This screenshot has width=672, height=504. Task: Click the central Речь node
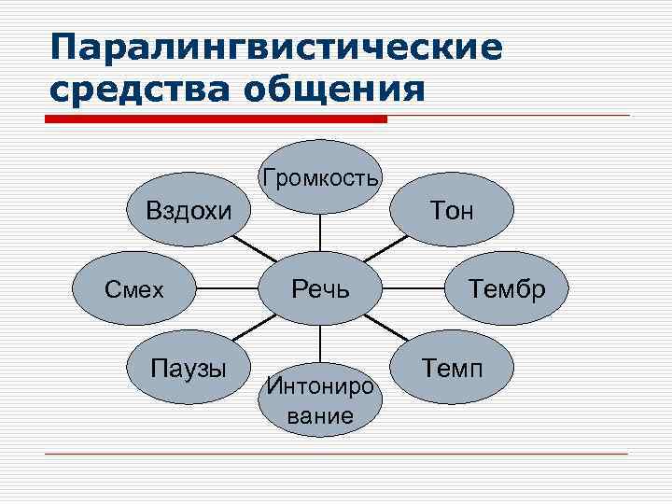click(x=320, y=288)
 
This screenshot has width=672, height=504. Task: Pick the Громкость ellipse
click(x=320, y=177)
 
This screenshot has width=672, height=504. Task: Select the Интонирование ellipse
click(x=320, y=398)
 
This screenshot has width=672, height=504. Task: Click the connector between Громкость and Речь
click(x=320, y=232)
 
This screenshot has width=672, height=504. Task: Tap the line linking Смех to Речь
click(x=228, y=289)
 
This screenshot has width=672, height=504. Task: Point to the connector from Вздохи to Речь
click(x=252, y=248)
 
